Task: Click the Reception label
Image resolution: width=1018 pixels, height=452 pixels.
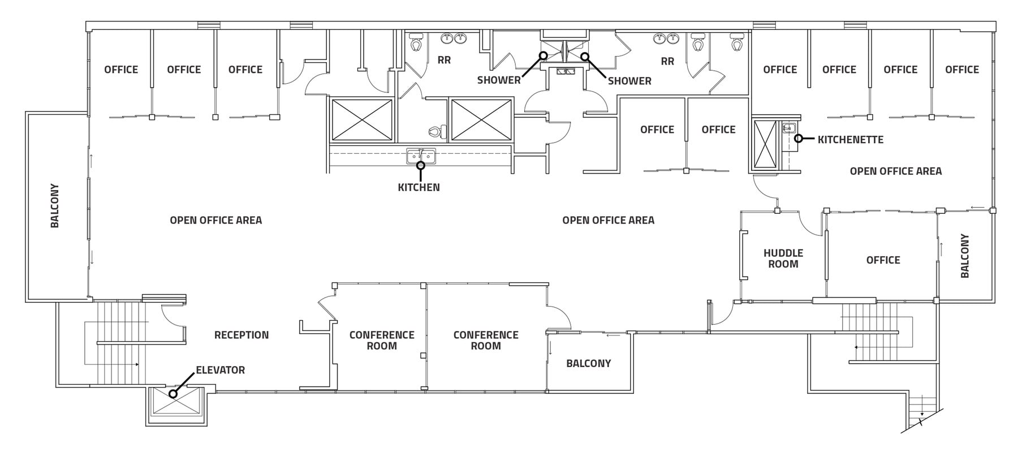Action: click(241, 335)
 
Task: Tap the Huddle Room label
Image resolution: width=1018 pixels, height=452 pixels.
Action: click(783, 259)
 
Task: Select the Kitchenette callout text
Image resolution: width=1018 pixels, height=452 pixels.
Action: click(850, 140)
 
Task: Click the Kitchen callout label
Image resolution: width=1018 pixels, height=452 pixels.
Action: click(419, 187)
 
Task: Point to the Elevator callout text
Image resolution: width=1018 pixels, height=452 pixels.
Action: click(220, 370)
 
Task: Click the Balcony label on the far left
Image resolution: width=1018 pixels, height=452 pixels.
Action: click(55, 205)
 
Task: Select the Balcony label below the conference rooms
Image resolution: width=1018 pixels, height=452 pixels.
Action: click(588, 363)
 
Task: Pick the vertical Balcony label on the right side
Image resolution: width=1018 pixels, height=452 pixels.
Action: click(965, 256)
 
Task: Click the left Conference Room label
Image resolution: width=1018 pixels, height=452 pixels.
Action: click(382, 340)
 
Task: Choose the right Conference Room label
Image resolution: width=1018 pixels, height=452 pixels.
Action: click(486, 340)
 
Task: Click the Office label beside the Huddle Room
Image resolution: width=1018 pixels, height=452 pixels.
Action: click(883, 260)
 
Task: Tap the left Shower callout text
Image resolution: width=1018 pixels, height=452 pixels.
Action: click(499, 80)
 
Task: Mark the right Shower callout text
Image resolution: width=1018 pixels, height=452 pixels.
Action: click(629, 81)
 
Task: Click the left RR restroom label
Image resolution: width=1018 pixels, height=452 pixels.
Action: click(444, 60)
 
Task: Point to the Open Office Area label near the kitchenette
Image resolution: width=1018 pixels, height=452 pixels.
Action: click(896, 171)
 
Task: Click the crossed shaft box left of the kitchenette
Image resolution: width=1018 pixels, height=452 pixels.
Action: click(766, 145)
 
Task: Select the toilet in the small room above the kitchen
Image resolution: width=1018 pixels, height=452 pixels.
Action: click(436, 132)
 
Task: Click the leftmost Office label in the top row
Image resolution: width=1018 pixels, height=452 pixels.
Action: click(121, 70)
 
